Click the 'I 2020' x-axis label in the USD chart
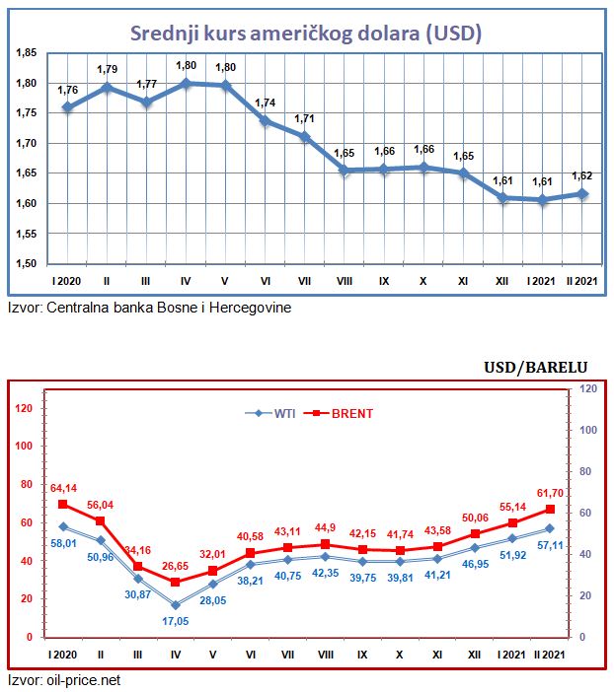[67, 282]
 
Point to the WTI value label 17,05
[176, 622]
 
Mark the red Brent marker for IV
[176, 582]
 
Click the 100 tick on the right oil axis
[586, 431]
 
